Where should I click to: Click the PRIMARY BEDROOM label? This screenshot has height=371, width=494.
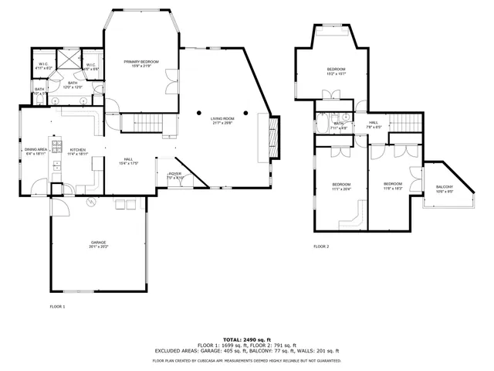(x=143, y=61)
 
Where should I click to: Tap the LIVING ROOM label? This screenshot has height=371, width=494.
(x=222, y=117)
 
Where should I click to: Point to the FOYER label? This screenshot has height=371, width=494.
(x=175, y=174)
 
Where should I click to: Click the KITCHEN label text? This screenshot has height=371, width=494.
(x=78, y=150)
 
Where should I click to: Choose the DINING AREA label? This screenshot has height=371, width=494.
(x=36, y=150)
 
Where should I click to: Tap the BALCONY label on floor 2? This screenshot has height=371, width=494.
(x=445, y=187)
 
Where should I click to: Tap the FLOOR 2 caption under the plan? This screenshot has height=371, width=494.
(x=321, y=247)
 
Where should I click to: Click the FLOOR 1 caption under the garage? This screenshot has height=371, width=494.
(x=57, y=307)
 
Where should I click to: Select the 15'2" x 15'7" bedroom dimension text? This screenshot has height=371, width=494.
(x=336, y=74)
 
